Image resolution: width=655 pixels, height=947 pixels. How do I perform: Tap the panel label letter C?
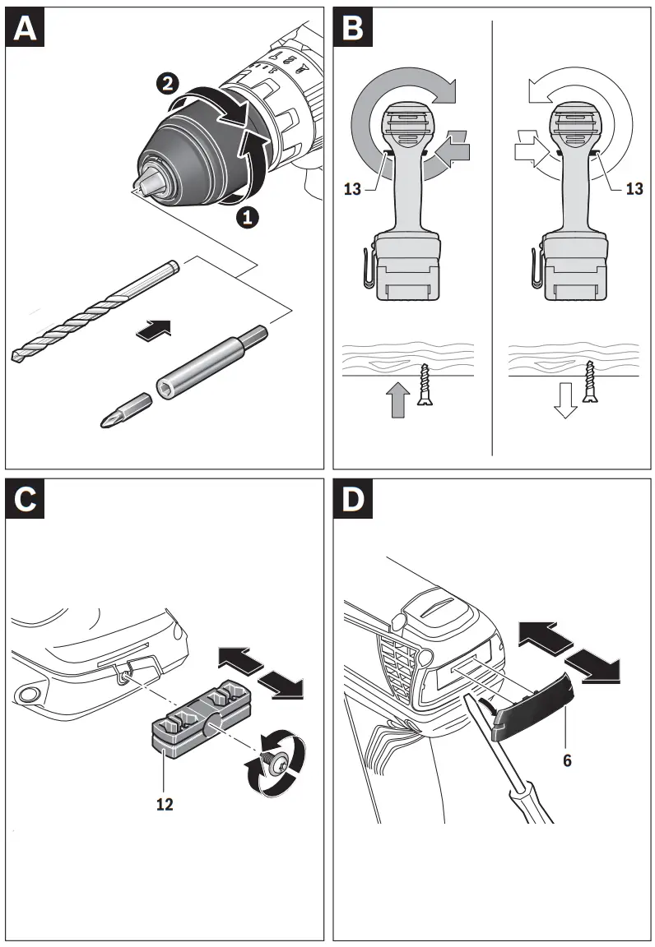click(26, 500)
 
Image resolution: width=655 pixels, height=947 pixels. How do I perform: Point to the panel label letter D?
click(353, 500)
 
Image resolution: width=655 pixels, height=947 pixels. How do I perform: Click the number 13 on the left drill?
click(353, 189)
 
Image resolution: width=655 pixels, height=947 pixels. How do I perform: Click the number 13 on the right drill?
click(634, 189)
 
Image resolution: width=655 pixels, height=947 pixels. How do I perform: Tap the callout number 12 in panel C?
click(165, 804)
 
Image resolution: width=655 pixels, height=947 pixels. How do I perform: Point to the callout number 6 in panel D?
click(567, 760)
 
